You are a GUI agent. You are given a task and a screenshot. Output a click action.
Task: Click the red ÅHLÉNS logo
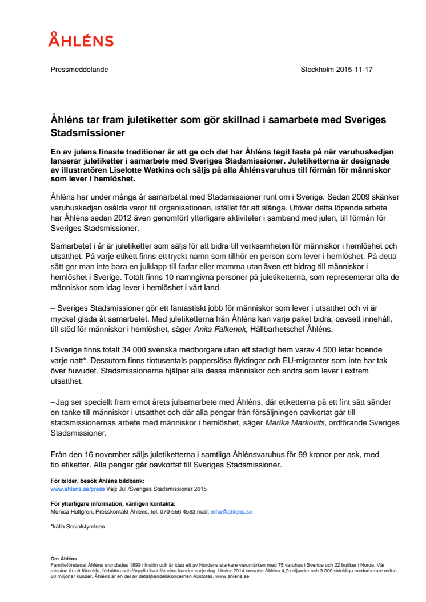81,39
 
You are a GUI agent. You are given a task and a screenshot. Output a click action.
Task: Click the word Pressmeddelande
79,70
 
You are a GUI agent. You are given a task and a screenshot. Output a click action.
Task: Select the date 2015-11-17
353,70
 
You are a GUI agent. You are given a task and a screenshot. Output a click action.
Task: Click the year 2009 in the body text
351,197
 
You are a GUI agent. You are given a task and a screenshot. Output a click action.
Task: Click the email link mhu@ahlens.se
231,512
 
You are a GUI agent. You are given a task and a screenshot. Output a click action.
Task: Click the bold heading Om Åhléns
63,558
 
